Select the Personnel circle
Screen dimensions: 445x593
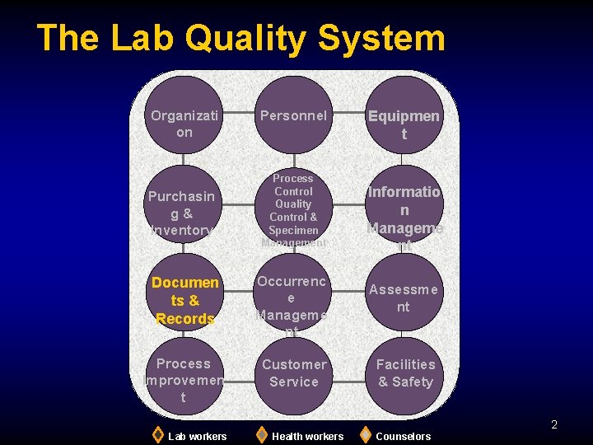[x=294, y=115]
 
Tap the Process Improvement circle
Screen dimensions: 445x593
[x=184, y=379]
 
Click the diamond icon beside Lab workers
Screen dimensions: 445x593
[x=158, y=434]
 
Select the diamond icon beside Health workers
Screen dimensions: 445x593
[x=261, y=434]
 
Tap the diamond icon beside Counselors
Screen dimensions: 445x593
[x=366, y=434]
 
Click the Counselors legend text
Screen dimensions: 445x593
[x=403, y=436]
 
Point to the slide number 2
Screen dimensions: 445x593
[x=554, y=424]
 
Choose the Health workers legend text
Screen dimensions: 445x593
[x=307, y=436]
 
